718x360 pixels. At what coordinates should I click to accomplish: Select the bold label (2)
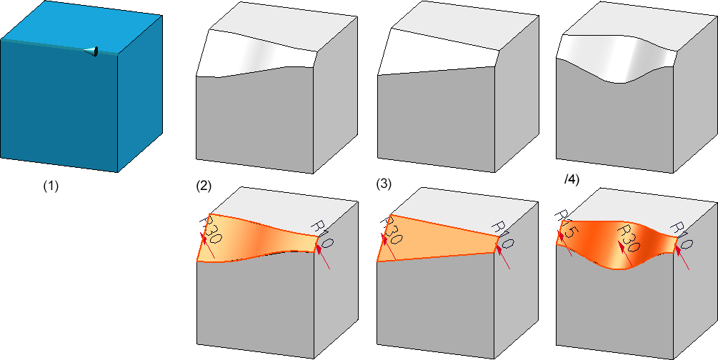coord(204,186)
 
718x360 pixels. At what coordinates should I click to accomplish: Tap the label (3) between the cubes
coord(384,185)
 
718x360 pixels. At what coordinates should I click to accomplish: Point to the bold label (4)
coord(571,180)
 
